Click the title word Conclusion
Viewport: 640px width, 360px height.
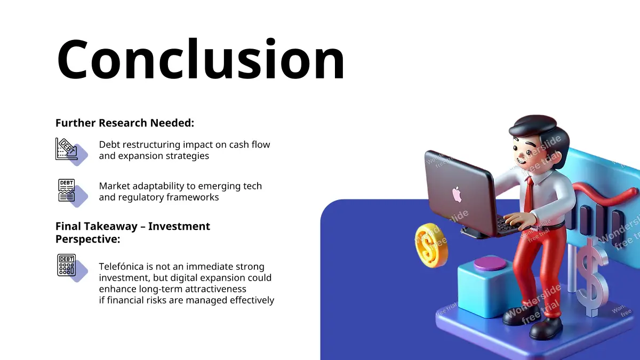pyautogui.click(x=201, y=59)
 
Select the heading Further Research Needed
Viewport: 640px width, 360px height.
pyautogui.click(x=125, y=123)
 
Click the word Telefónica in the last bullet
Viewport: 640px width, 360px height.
pyautogui.click(x=122, y=266)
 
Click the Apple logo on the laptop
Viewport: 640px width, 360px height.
pyautogui.click(x=457, y=194)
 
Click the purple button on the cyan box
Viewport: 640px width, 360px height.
pyautogui.click(x=490, y=263)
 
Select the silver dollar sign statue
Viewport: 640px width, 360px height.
pyautogui.click(x=591, y=277)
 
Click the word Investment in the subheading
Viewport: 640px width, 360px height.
pyautogui.click(x=179, y=226)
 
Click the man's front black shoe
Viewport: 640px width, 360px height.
pyautogui.click(x=546, y=329)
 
